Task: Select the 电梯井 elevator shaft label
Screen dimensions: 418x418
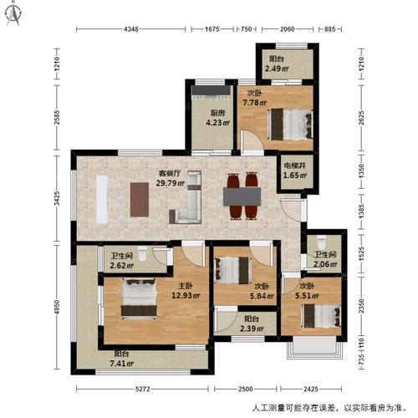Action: (x=292, y=167)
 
